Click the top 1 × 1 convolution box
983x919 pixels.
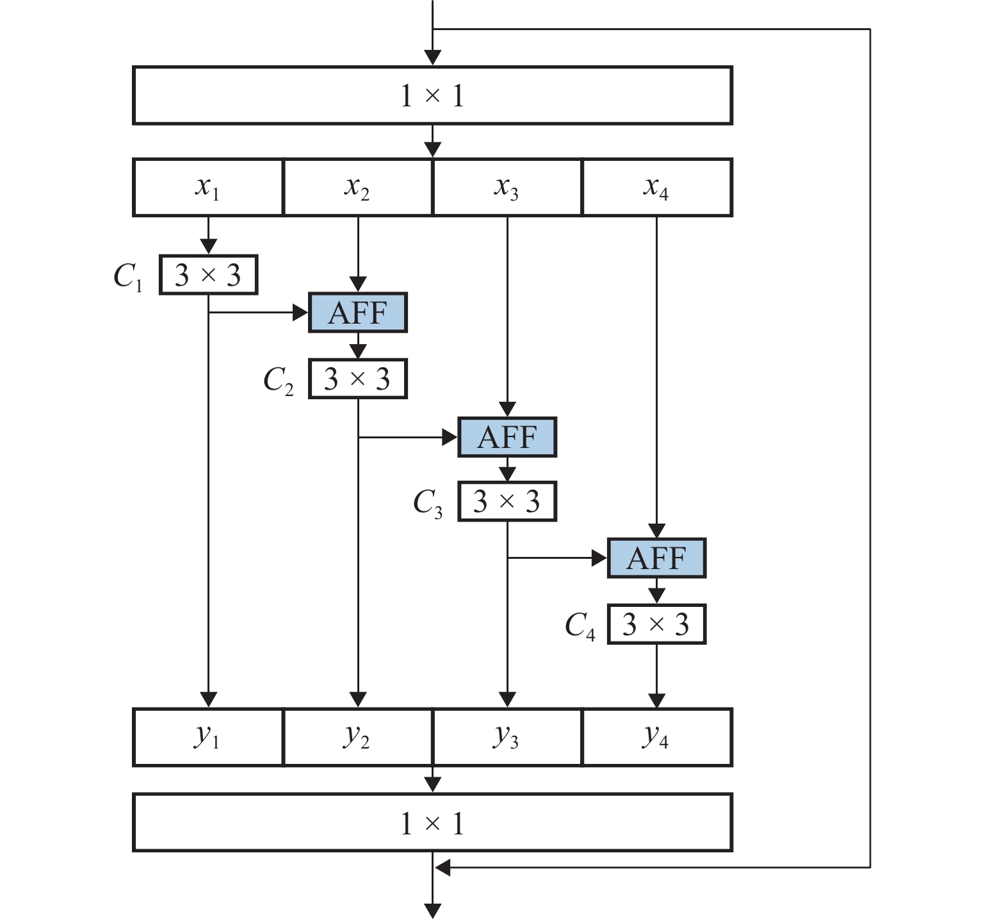click(x=432, y=95)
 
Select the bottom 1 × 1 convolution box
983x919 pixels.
click(x=432, y=823)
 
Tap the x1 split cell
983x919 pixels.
click(x=208, y=187)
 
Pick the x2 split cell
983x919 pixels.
click(x=357, y=187)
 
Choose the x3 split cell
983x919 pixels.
click(x=507, y=187)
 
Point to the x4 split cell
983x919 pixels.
click(x=657, y=187)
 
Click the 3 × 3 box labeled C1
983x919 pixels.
click(x=208, y=275)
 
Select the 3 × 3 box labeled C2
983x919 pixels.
click(x=357, y=379)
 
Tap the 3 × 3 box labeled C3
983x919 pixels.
click(x=507, y=501)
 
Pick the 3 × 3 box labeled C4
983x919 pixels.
click(x=656, y=624)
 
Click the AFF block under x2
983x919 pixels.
click(x=357, y=313)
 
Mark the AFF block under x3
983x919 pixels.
click(x=507, y=437)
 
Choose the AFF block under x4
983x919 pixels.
click(x=656, y=558)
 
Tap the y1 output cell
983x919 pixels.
click(x=208, y=737)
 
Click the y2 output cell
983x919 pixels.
click(x=357, y=737)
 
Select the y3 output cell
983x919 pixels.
click(x=507, y=737)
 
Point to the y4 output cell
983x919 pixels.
click(x=657, y=737)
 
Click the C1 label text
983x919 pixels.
click(x=128, y=277)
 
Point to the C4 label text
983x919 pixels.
click(x=580, y=625)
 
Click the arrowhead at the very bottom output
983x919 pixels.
click(x=433, y=911)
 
